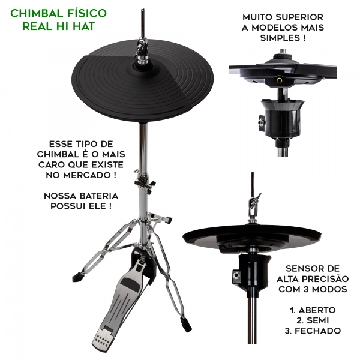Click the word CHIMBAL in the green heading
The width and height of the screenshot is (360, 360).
click(x=37, y=13)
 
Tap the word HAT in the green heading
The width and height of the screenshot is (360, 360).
click(x=84, y=26)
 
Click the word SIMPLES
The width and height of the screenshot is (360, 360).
click(x=280, y=38)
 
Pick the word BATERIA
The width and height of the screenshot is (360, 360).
click(x=99, y=196)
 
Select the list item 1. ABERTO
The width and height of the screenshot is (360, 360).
click(x=313, y=310)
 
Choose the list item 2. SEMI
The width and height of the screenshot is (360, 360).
click(x=313, y=320)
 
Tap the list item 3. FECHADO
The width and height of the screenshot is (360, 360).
click(x=313, y=331)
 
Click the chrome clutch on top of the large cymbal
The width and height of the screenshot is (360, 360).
click(x=141, y=50)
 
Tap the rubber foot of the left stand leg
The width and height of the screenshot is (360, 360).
click(x=78, y=277)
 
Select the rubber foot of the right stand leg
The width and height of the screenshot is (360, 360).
click(x=186, y=324)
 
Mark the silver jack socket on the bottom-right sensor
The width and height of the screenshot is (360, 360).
click(x=235, y=275)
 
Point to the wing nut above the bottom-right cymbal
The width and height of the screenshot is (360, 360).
click(x=255, y=200)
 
